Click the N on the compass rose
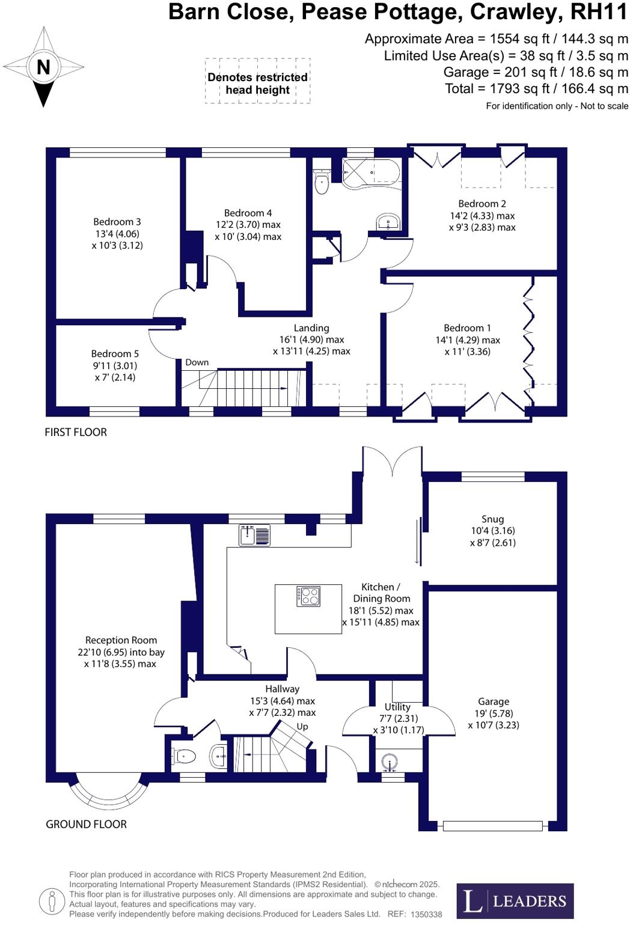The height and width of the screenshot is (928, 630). point(43,67)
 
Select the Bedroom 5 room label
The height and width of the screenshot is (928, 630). point(115,354)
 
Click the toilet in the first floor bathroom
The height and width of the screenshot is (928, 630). point(322,182)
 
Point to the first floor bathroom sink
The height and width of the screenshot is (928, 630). point(389,222)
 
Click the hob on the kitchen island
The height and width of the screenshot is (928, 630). point(308,596)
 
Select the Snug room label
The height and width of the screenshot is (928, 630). point(492,519)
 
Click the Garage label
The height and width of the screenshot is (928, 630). point(494,701)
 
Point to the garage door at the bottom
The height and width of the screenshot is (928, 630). point(492,826)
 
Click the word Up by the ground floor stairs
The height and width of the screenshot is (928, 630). point(302,726)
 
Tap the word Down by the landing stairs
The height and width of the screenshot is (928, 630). point(197,362)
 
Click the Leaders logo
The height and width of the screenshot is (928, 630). point(515,900)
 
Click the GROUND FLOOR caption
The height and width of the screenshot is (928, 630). point(86,825)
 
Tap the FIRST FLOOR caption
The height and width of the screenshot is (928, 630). point(76,432)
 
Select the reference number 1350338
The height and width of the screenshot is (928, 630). point(426,914)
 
